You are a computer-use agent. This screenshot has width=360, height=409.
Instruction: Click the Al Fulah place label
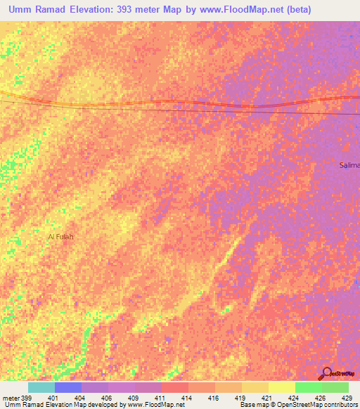click(60, 237)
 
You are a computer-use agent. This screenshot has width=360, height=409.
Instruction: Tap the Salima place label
click(349, 164)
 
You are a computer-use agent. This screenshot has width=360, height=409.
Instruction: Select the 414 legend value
click(188, 398)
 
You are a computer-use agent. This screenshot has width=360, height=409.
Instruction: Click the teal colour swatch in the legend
click(41, 387)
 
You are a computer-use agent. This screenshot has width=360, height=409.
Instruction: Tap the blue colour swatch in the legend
click(67, 387)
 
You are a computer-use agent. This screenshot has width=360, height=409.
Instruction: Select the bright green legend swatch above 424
click(308, 387)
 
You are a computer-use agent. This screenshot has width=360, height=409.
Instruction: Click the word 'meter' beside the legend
click(9, 398)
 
